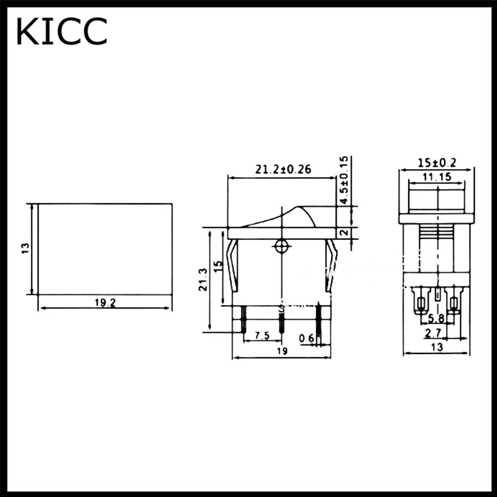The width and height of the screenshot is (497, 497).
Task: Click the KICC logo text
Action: tap(62, 32)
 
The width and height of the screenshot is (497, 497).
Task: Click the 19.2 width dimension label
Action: tap(104, 303)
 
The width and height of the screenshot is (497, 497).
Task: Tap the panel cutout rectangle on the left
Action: tap(104, 248)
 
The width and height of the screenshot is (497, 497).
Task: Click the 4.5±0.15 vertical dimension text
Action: tap(345, 180)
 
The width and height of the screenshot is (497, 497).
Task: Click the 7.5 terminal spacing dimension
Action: tap(262, 336)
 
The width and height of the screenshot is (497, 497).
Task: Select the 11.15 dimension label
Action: tap(437, 177)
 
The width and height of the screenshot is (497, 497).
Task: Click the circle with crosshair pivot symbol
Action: tap(281, 247)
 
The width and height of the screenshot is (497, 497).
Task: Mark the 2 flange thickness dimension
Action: tap(345, 233)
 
